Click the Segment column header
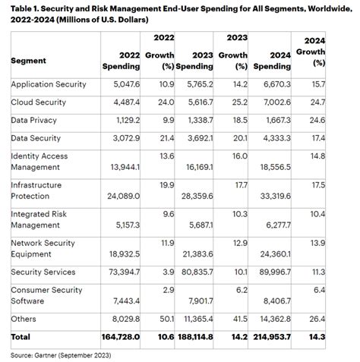click(28, 61)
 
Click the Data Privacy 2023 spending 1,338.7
click(192, 120)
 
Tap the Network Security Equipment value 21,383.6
click(192, 253)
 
